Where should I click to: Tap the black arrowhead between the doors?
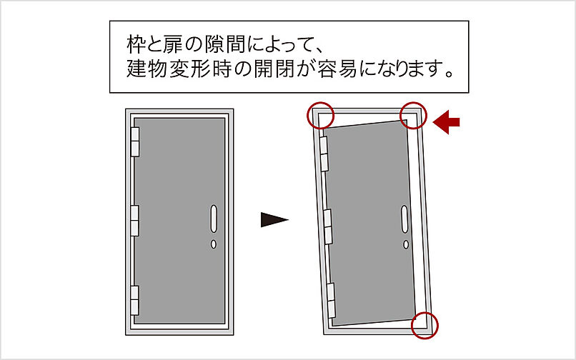point(274,219)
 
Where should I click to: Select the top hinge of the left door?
point(135,142)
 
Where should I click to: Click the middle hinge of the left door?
point(135,220)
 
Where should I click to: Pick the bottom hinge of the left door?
point(135,301)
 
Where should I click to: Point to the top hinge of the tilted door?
point(324,153)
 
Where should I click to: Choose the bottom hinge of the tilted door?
point(332,299)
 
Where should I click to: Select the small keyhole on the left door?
point(214,244)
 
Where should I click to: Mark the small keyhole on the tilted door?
point(407,244)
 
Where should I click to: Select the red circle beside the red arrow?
point(413,114)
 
